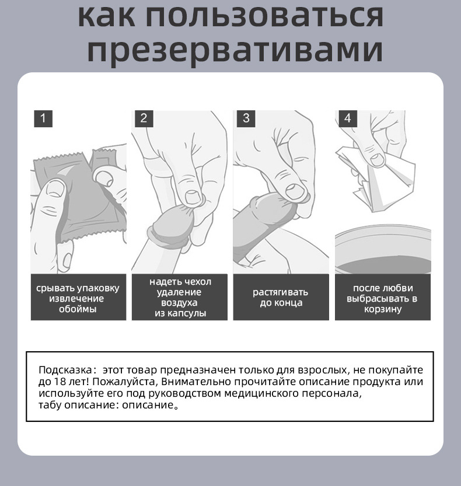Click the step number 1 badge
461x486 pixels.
coord(43,118)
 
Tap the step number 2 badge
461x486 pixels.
coord(144,118)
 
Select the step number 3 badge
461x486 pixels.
coord(246,118)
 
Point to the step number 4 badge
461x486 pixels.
coord(347,118)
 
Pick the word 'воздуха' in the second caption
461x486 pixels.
coord(179,303)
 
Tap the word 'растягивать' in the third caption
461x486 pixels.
coord(280,292)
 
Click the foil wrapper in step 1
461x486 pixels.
coord(82,198)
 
